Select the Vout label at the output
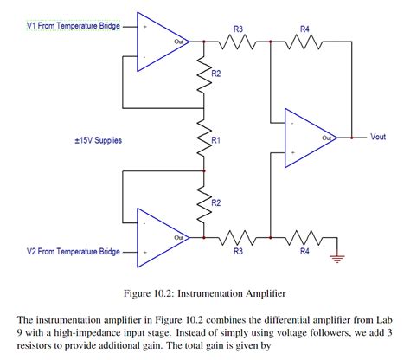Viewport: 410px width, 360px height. (x=378, y=137)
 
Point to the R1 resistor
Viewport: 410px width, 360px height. (x=203, y=142)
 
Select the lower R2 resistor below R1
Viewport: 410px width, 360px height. (x=203, y=204)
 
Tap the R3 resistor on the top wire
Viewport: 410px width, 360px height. (x=236, y=40)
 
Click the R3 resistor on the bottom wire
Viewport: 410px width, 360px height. (x=236, y=236)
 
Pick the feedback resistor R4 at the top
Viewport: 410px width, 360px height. (x=304, y=40)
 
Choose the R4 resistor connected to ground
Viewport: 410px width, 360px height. (x=304, y=236)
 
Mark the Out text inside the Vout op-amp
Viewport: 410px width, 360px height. (x=327, y=137)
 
